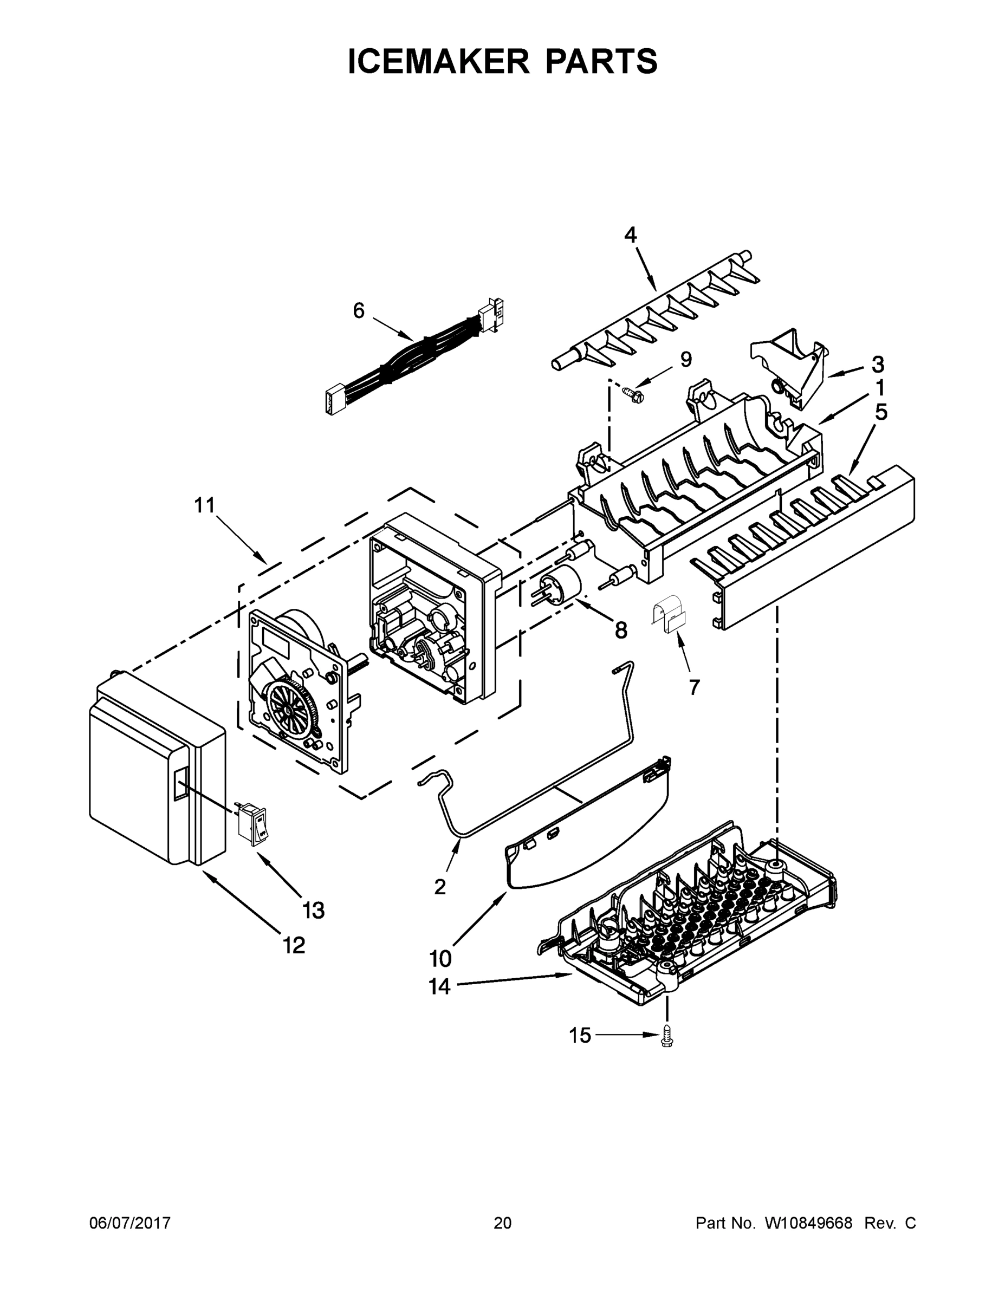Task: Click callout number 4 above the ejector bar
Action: coord(631,235)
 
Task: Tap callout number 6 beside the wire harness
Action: coord(359,311)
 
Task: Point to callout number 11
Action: coord(204,506)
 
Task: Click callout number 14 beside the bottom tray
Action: coord(439,987)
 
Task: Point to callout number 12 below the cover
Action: coord(294,945)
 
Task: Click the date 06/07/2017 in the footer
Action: coord(130,1223)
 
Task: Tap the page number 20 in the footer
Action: coord(503,1223)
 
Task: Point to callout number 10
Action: coord(440,959)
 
